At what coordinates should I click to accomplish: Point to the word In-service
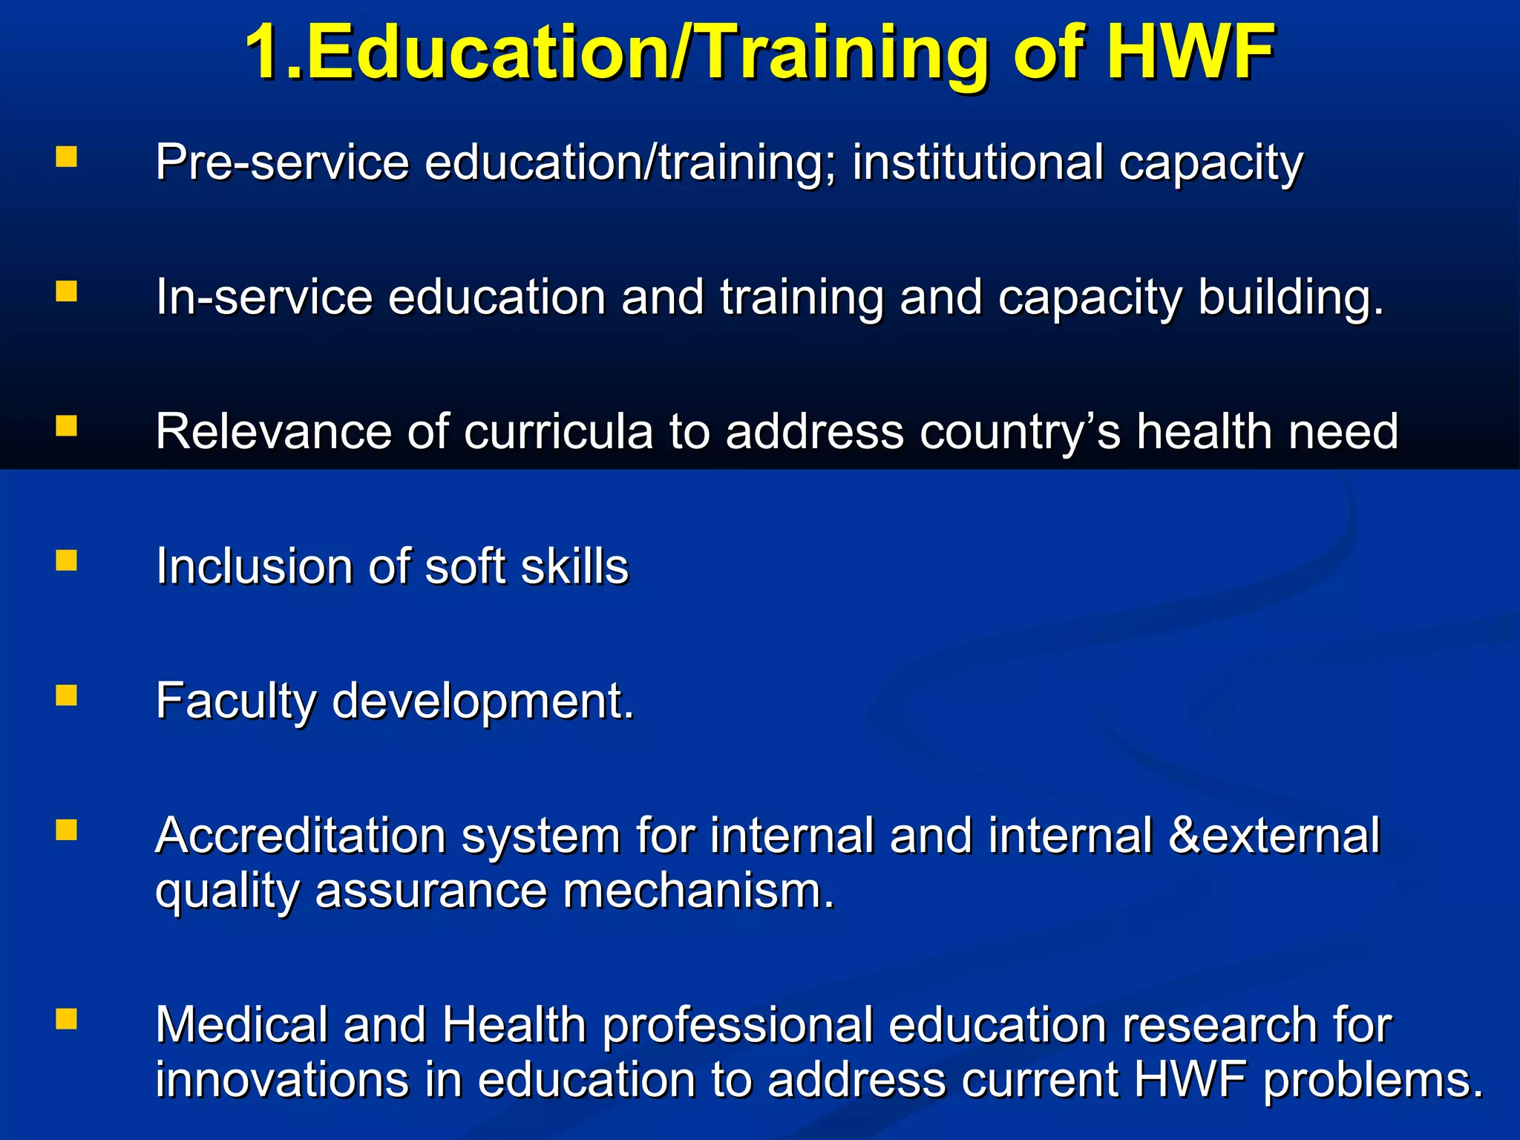tap(264, 298)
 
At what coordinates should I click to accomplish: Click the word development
tap(482, 702)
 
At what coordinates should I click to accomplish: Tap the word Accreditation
tap(300, 836)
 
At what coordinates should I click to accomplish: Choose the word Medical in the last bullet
tap(241, 1025)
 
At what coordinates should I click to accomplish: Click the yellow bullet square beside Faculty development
tap(67, 695)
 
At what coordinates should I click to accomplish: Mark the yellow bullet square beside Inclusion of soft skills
tap(67, 560)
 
